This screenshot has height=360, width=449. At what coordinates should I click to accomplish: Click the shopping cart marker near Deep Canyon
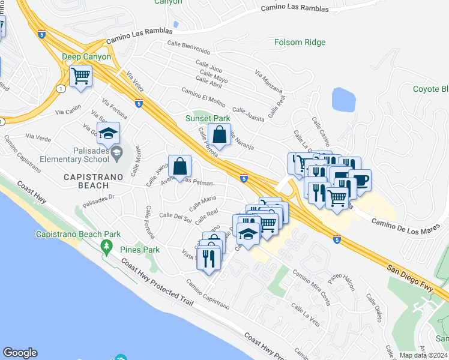(80, 76)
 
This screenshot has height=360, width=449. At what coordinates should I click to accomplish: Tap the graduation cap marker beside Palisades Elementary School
(108, 134)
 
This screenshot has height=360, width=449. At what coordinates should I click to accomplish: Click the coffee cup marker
(360, 179)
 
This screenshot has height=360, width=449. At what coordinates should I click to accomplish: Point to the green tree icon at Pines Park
(107, 246)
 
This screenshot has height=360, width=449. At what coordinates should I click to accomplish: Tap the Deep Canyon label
(86, 56)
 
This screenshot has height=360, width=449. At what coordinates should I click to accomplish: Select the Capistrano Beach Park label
(78, 234)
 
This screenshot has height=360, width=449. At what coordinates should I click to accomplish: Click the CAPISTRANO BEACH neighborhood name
(97, 177)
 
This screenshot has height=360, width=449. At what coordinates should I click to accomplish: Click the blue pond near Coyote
(343, 100)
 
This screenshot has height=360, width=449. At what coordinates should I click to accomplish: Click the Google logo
(20, 353)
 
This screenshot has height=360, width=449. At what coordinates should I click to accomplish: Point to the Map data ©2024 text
(423, 355)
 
